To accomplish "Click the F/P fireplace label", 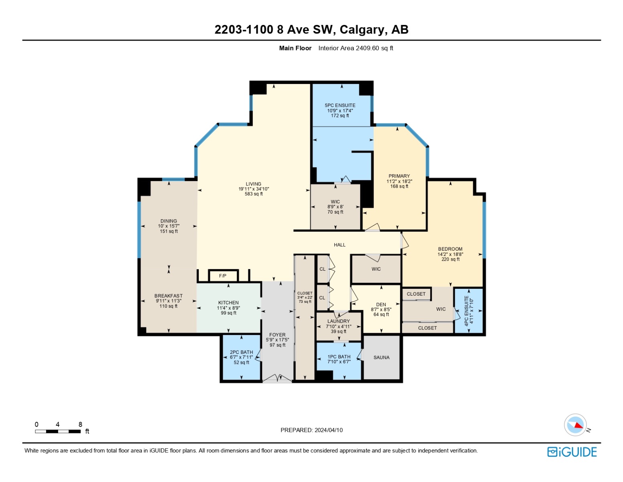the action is pyautogui.click(x=222, y=276).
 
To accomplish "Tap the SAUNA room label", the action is pyautogui.click(x=381, y=357).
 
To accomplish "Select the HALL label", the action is pyautogui.click(x=340, y=245).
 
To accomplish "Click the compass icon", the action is pyautogui.click(x=575, y=425).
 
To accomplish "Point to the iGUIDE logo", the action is pyautogui.click(x=572, y=452).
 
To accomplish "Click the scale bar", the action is pyautogui.click(x=58, y=431).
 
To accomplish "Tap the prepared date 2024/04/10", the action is pyautogui.click(x=328, y=430).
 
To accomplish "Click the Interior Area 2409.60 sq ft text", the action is pyautogui.click(x=356, y=48).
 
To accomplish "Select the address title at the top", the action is pyautogui.click(x=311, y=29).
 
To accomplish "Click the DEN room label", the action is pyautogui.click(x=381, y=304).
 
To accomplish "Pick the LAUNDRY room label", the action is pyautogui.click(x=338, y=321).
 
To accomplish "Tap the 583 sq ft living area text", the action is pyautogui.click(x=254, y=194).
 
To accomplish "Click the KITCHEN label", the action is pyautogui.click(x=228, y=302).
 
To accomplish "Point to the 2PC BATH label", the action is pyautogui.click(x=241, y=352).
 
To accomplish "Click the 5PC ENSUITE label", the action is pyautogui.click(x=340, y=105).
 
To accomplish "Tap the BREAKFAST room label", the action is pyautogui.click(x=168, y=296).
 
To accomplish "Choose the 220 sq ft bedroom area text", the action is pyautogui.click(x=450, y=259).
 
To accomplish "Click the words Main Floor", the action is pyautogui.click(x=295, y=48).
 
